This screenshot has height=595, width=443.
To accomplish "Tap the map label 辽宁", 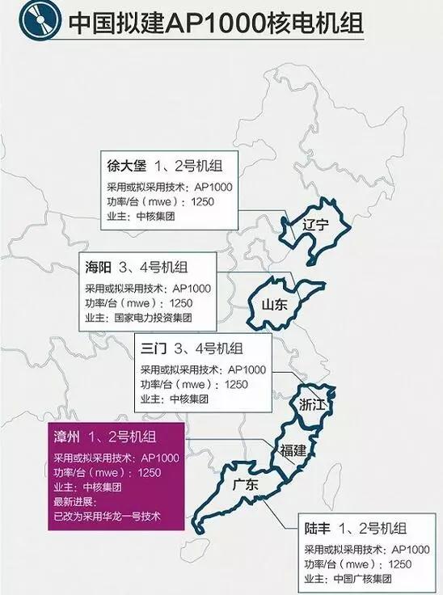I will tap(312, 226).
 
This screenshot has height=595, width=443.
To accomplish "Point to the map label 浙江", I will tap(313, 404).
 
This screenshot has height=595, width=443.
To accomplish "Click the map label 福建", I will tap(293, 450).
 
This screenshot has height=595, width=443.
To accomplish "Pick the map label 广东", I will tap(245, 486).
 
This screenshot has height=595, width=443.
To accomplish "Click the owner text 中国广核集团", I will tap(376, 579).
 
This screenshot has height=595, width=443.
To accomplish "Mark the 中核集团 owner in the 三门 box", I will tap(190, 399).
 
